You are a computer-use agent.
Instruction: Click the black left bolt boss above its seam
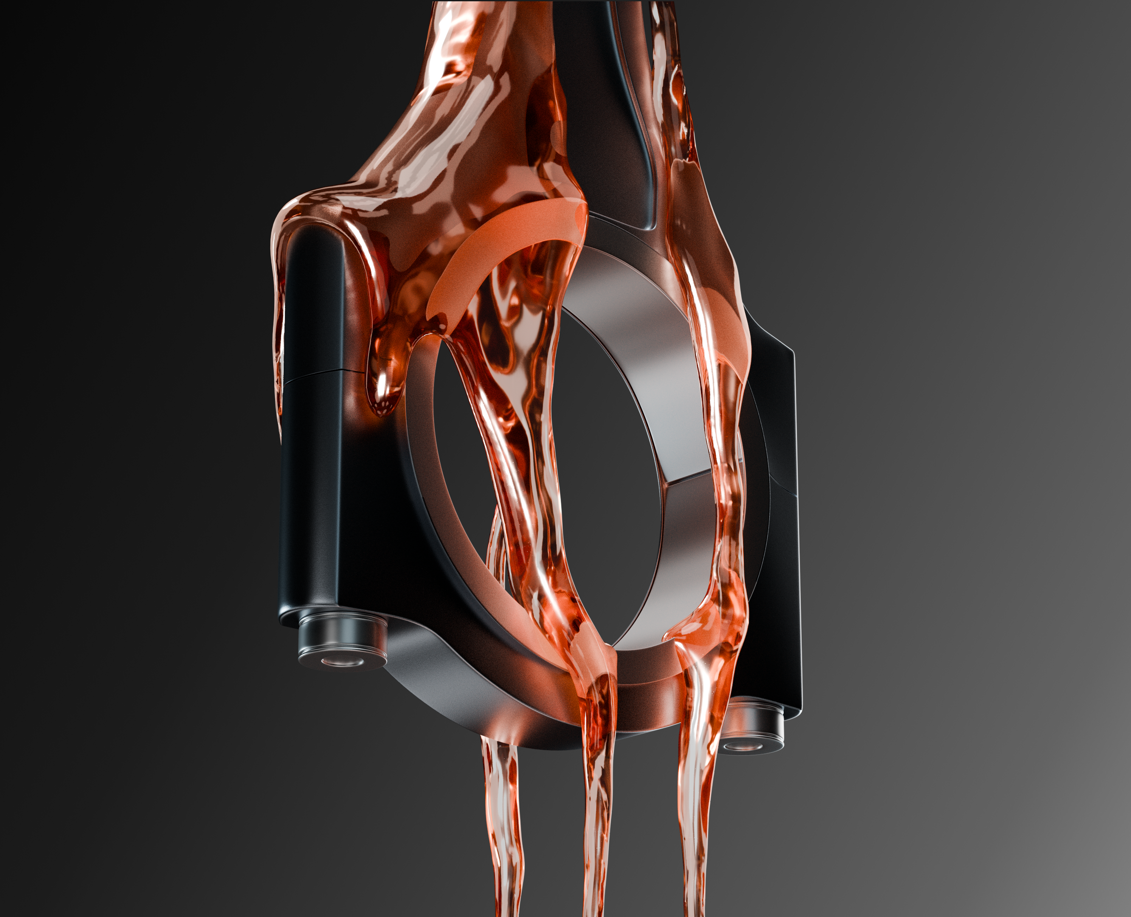312,296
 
